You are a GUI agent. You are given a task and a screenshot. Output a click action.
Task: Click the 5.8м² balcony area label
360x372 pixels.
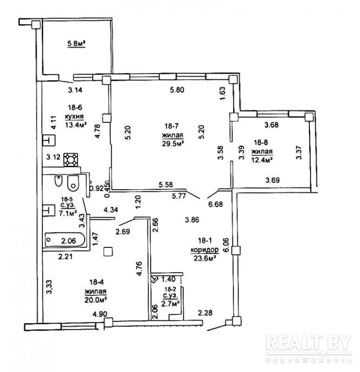(76, 44)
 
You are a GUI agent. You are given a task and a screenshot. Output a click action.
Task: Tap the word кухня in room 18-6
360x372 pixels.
(74, 117)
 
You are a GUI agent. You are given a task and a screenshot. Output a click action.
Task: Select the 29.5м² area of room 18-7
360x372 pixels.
(173, 144)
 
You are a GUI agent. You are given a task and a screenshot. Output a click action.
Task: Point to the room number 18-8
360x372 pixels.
(261, 142)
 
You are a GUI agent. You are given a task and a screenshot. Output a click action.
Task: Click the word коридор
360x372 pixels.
(205, 250)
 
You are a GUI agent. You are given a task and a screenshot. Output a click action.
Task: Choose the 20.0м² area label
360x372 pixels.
(95, 300)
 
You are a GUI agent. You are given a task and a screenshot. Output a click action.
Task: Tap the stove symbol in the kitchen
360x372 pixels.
(71, 159)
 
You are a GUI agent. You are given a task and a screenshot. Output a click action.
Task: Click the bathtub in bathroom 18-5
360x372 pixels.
(65, 240)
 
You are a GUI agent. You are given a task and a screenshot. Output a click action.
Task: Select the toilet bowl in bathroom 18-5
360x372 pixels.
(73, 183)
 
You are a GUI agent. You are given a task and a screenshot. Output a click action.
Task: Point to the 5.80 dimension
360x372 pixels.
(177, 90)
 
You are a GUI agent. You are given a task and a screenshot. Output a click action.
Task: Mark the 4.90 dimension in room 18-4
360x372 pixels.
(100, 313)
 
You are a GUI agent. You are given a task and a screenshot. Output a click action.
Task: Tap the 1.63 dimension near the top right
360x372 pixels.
(223, 93)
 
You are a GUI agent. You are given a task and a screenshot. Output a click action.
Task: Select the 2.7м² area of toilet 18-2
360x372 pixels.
(170, 304)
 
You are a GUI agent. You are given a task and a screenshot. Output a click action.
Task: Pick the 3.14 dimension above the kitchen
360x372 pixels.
(75, 90)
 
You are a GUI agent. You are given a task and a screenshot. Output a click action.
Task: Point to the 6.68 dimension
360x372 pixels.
(215, 204)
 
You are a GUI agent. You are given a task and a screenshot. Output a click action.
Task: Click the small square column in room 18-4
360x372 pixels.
(108, 252)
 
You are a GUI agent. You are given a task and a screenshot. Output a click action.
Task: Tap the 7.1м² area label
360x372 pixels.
(68, 213)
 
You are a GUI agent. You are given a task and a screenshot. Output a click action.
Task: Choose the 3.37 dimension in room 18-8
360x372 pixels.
(299, 152)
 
